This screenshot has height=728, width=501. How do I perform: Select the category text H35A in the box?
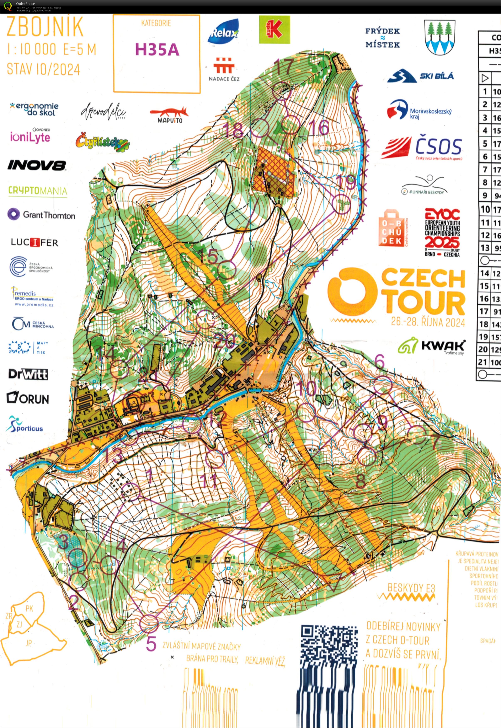tap(157, 49)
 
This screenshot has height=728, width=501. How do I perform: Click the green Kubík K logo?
tap(274, 30)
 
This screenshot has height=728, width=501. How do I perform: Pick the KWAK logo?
tap(431, 346)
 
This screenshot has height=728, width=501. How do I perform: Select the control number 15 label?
tap(208, 257)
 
